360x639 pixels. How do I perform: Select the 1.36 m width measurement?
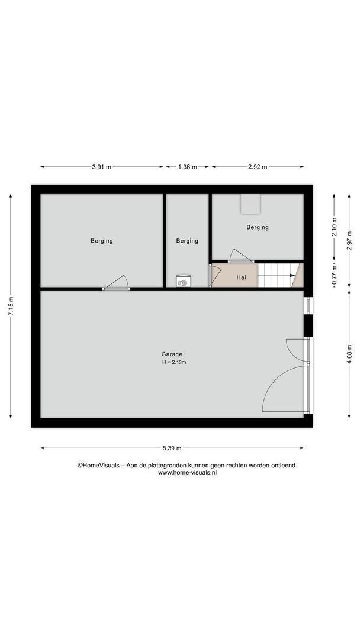click(187, 167)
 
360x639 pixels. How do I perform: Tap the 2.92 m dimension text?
click(257, 167)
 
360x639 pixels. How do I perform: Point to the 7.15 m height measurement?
click(11, 306)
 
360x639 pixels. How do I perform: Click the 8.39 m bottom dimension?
click(172, 448)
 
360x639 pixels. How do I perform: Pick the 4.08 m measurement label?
click(349, 355)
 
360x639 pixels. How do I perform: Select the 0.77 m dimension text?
click(334, 275)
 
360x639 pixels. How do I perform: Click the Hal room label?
click(241, 277)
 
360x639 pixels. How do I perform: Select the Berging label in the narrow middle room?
click(187, 241)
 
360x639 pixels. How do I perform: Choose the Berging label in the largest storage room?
click(102, 241)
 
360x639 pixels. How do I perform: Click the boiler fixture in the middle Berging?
click(183, 282)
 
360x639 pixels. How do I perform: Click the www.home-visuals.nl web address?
click(187, 473)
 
